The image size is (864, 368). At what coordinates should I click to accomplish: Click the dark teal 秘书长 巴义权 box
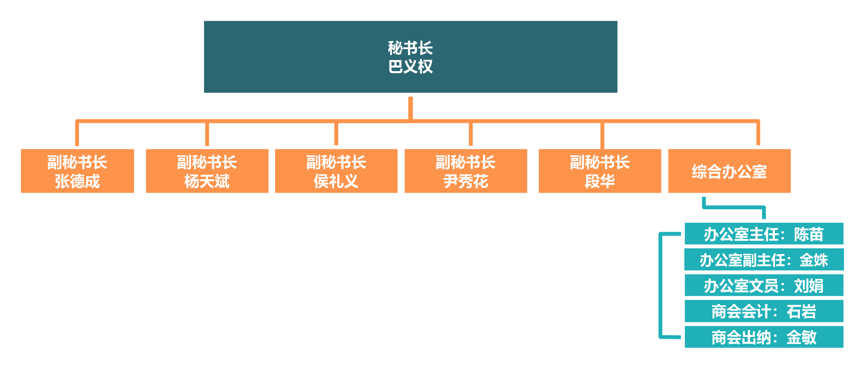point(410,57)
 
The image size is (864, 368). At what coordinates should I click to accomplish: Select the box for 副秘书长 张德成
point(78,171)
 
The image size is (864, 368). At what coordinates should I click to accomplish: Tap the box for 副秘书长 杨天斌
point(207,171)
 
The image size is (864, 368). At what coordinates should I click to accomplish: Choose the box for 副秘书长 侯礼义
point(336,171)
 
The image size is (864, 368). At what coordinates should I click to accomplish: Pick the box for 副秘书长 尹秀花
point(466,171)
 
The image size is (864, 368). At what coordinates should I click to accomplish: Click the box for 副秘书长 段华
point(600,171)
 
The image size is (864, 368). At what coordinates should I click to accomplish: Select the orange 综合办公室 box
point(729,171)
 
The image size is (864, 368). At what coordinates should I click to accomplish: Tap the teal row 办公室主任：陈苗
point(764,234)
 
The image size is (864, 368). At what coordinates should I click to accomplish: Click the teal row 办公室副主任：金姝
point(764,260)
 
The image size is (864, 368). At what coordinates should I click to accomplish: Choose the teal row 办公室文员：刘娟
point(764,285)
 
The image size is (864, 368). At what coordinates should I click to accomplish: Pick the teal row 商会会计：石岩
point(764,311)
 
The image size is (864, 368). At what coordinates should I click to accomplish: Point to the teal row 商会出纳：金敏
point(764,337)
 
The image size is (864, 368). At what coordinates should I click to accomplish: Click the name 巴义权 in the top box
point(411,67)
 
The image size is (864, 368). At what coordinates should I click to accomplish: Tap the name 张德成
point(78,181)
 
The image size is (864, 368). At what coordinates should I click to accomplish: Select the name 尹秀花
point(466,181)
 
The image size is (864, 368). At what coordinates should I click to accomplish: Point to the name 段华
point(600,181)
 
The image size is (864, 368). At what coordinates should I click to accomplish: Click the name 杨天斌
point(207,181)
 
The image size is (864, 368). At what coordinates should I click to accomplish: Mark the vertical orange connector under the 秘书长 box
point(410,108)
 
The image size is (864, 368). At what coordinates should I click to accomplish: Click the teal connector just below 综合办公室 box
point(734,206)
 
